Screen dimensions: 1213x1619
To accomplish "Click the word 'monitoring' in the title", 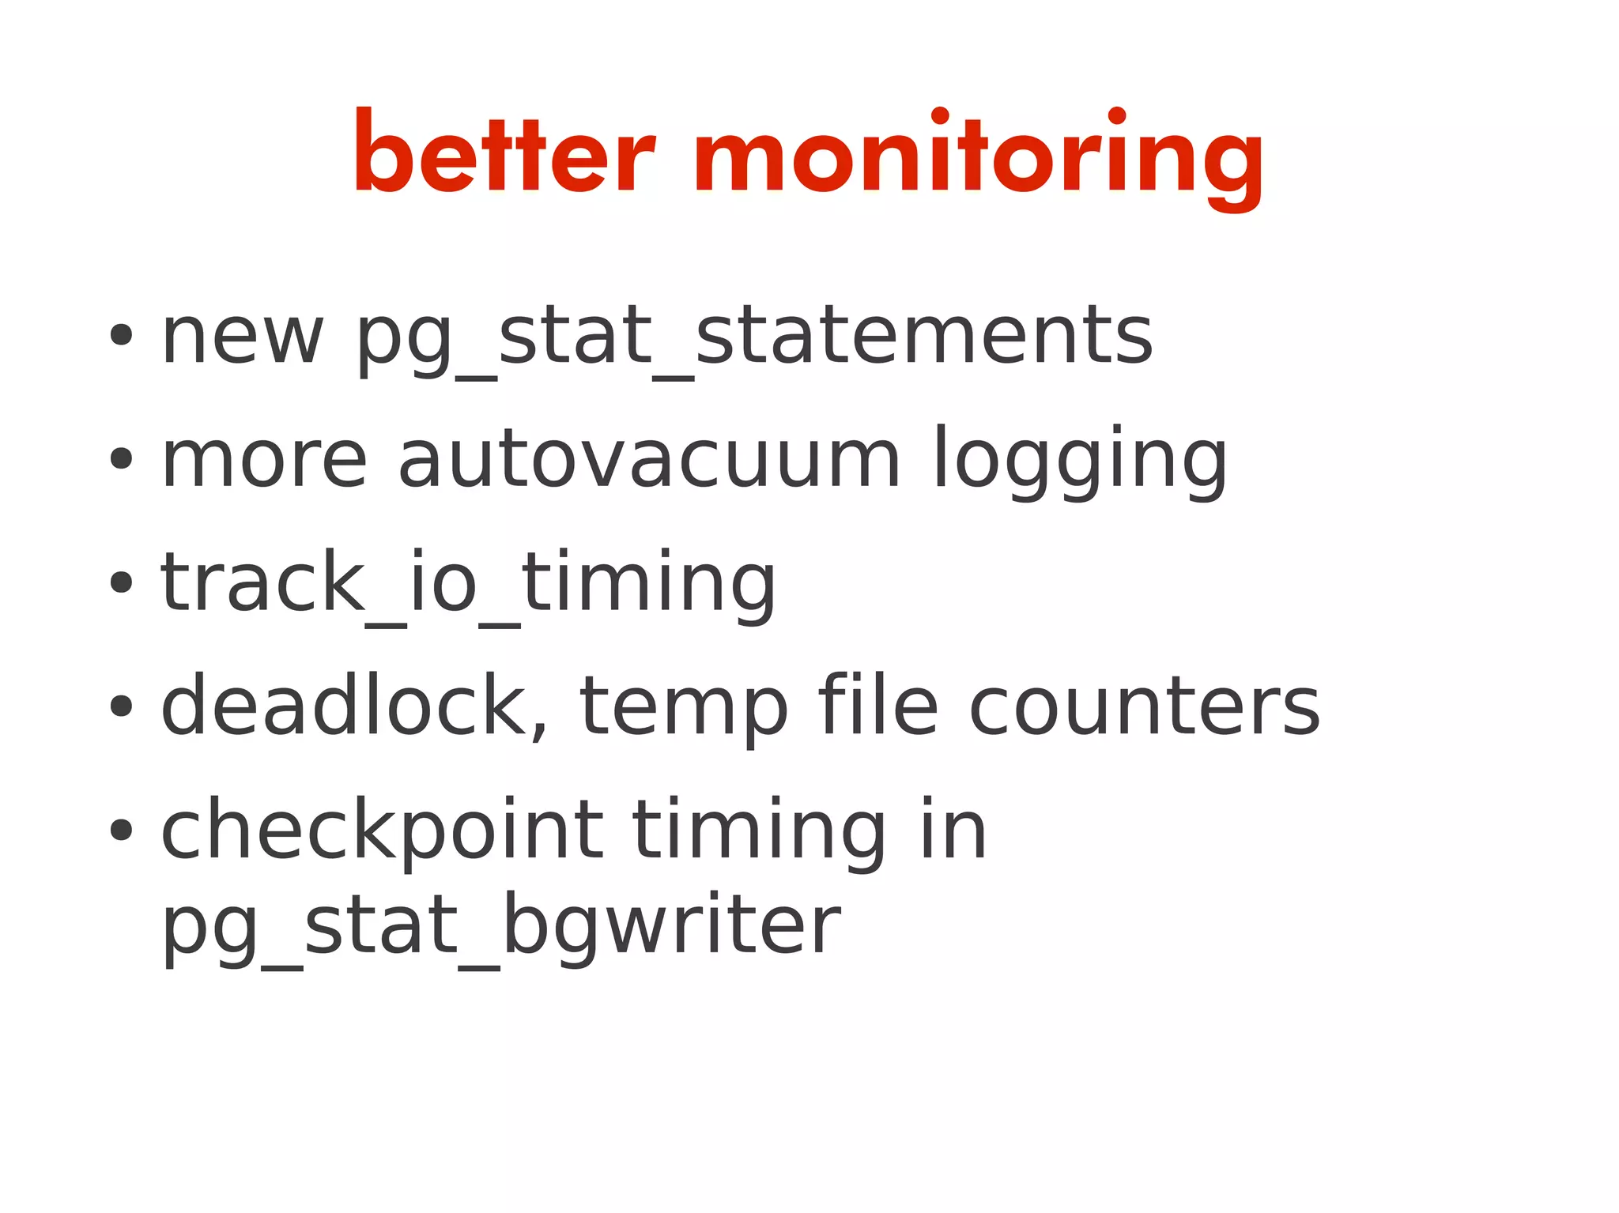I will [x=979, y=155].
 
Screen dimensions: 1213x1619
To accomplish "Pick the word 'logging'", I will [x=1080, y=461].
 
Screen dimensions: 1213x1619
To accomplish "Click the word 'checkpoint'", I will [x=382, y=831].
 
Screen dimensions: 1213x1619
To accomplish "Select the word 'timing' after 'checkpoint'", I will [x=759, y=832].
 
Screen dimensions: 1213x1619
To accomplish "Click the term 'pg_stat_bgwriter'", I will [x=500, y=926].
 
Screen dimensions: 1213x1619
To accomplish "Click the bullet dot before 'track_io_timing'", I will [x=121, y=582].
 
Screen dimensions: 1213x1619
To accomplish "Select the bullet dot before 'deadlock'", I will [x=121, y=706].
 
